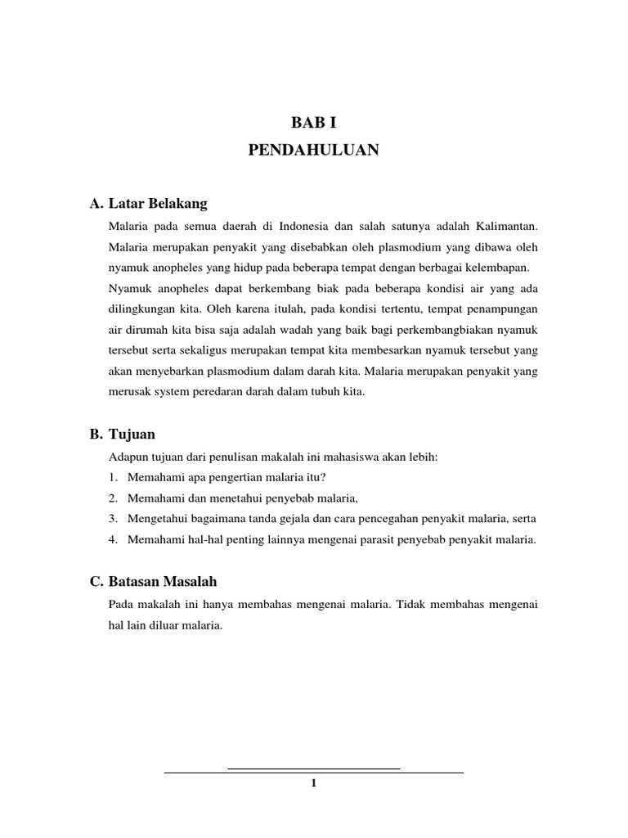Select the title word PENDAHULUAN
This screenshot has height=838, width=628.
click(x=314, y=151)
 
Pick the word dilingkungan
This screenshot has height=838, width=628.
click(x=138, y=310)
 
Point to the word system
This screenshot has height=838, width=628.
click(x=169, y=392)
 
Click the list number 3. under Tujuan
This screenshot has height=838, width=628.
click(x=112, y=518)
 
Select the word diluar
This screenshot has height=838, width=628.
click(x=159, y=626)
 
